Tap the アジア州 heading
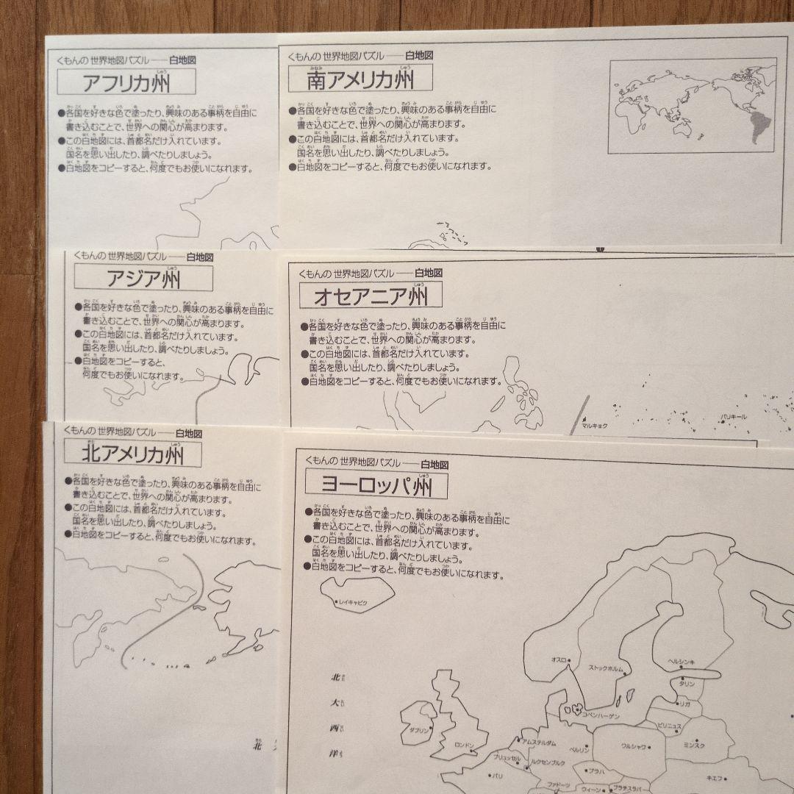point(144,279)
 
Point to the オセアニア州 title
point(371,296)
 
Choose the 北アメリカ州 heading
point(132,454)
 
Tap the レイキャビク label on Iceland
point(353,602)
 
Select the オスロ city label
point(559,660)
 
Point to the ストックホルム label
point(606,668)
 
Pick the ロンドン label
point(465,745)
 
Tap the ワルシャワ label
point(633,746)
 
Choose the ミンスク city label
point(694,745)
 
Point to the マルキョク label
point(593,424)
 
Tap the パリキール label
point(734,417)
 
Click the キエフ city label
point(713,778)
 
